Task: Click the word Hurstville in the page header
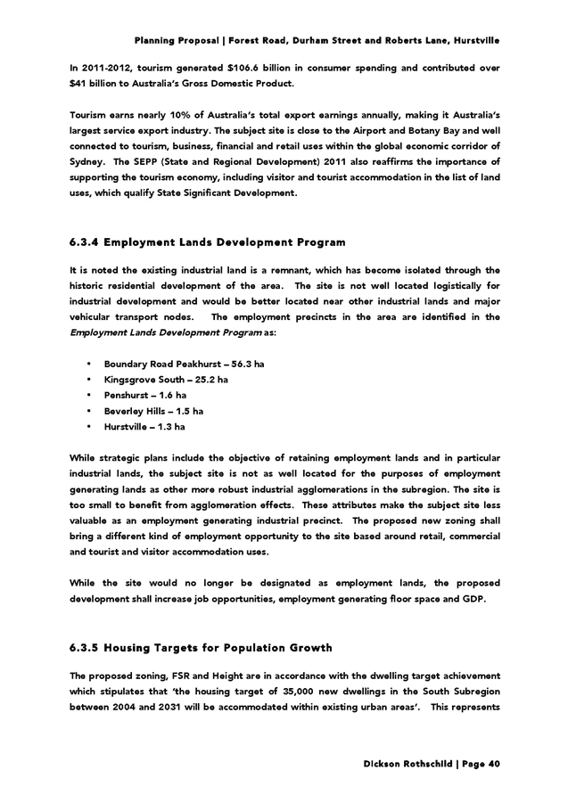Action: pos(477,41)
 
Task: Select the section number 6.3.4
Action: pos(83,242)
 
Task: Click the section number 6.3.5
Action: pos(83,648)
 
